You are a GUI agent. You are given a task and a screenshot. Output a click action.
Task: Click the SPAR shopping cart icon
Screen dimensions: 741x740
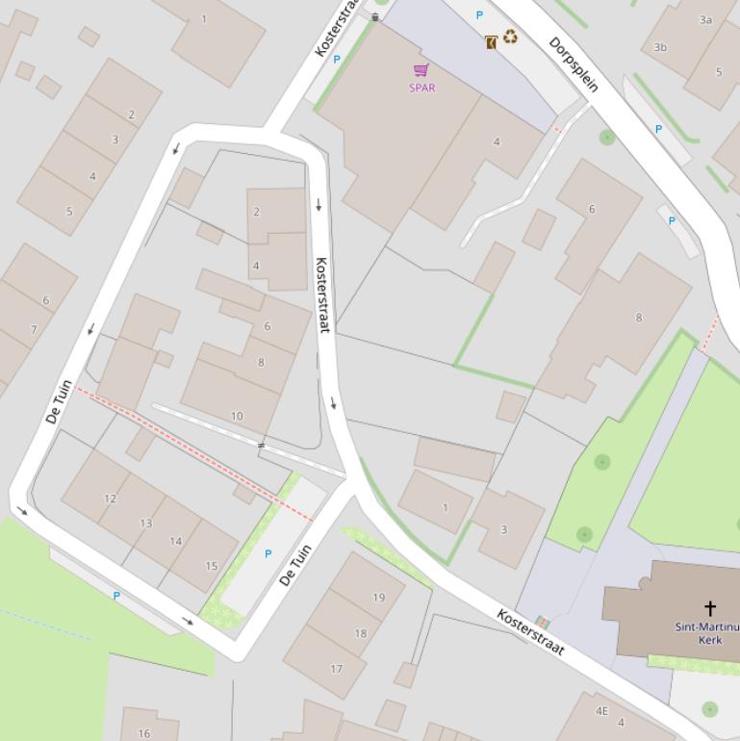coord(421,70)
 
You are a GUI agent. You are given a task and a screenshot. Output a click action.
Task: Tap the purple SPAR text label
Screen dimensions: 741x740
coord(421,88)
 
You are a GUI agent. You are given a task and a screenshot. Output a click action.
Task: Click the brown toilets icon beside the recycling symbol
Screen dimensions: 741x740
coord(491,41)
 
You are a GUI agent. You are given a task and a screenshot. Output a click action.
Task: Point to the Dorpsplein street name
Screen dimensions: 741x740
coord(574,64)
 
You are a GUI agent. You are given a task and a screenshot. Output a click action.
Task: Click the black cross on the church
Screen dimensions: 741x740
coord(710,607)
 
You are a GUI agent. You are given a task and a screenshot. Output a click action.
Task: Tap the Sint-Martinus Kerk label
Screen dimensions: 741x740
coord(709,633)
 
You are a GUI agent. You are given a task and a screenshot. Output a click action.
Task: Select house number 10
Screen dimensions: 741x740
coord(237,417)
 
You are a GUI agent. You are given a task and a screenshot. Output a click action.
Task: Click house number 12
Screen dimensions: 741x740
coord(110,498)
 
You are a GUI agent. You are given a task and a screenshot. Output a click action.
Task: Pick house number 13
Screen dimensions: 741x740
coord(145,524)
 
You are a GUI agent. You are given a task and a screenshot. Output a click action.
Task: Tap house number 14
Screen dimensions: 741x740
coord(176,541)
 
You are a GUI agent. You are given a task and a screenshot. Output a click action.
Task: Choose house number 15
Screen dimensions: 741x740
coord(211,566)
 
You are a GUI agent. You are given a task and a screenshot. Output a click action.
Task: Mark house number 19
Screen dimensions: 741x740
coord(378,598)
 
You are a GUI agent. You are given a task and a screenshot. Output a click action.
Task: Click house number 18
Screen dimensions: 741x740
coord(360,633)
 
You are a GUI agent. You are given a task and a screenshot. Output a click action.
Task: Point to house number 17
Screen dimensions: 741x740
coord(336,669)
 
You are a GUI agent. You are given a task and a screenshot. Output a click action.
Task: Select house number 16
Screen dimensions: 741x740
coord(143,733)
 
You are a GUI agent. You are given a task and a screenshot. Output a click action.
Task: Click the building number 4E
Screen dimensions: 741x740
coord(601,711)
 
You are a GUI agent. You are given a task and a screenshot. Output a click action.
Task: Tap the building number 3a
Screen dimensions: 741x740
coord(705,19)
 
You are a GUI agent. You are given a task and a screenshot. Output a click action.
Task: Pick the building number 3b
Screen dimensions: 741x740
coord(660,46)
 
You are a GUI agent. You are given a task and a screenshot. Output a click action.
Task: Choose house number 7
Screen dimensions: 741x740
coord(34,329)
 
